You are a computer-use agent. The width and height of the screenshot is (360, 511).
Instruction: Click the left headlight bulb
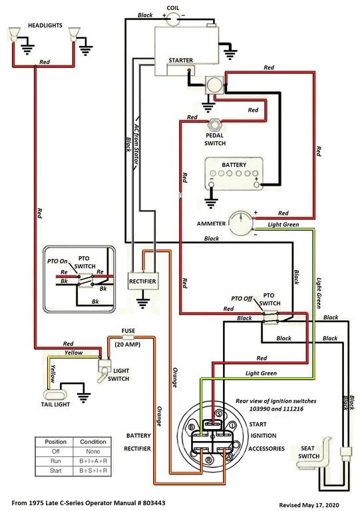pyautogui.click(x=13, y=35)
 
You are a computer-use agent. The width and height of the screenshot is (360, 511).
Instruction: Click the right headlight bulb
pyautogui.click(x=75, y=35)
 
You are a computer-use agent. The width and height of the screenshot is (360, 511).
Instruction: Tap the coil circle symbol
pyautogui.click(x=173, y=19)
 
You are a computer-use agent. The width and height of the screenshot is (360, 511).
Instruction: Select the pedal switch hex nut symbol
pyautogui.click(x=214, y=124)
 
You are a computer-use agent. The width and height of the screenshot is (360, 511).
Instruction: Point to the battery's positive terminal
pyautogui.click(x=257, y=185)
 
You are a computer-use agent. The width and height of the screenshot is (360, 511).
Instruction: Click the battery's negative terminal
pyautogui.click(x=212, y=185)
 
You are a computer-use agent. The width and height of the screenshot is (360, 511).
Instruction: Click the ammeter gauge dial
pyautogui.click(x=241, y=224)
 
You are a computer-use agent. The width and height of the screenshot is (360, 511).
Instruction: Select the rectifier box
pyautogui.click(x=143, y=281)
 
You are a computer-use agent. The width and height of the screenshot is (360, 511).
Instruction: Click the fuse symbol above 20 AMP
pyautogui.click(x=128, y=337)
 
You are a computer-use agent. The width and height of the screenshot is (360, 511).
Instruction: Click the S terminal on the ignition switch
pyautogui.click(x=219, y=414)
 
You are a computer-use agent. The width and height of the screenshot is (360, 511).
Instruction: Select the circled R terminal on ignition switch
pyautogui.click(x=208, y=460)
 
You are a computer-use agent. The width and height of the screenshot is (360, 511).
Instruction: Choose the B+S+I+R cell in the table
pyautogui.click(x=93, y=470)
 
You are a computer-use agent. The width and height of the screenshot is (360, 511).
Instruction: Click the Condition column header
pyautogui.click(x=93, y=442)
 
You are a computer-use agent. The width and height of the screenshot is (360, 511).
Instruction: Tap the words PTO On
pyautogui.click(x=57, y=261)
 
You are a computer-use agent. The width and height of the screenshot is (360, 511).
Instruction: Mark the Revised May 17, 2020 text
pyautogui.click(x=309, y=505)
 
